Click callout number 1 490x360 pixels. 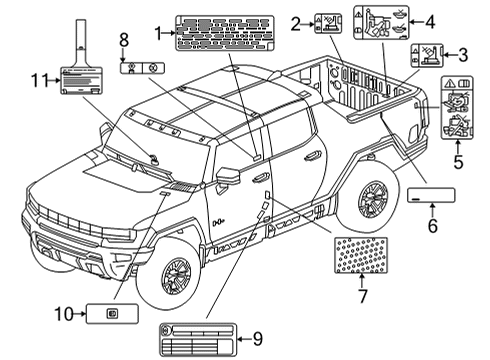(158, 33)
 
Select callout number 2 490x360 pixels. (296, 22)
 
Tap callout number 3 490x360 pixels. (463, 55)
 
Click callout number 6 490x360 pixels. (433, 226)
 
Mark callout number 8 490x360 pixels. (124, 40)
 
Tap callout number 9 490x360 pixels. (257, 340)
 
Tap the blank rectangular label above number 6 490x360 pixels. (432, 195)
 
